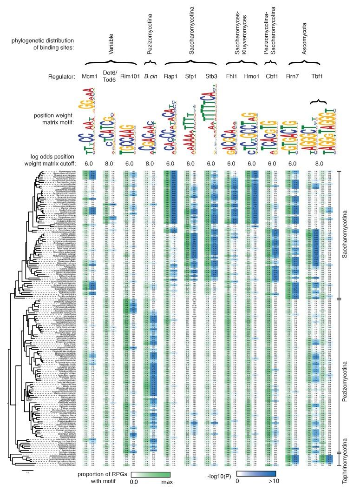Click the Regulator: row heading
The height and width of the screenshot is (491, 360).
(x=65, y=75)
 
